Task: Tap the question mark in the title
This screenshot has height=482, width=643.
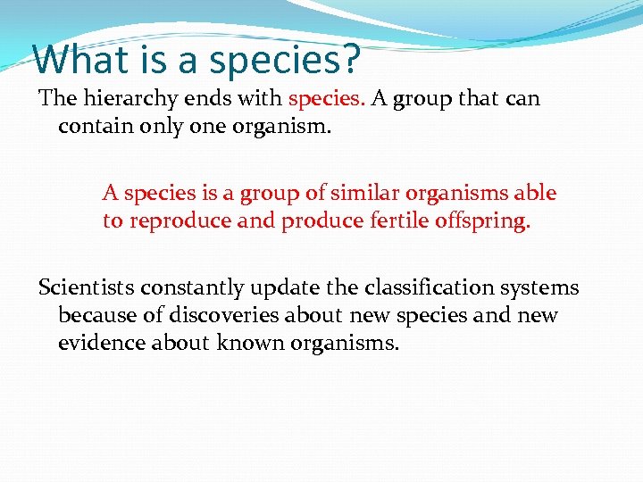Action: click(x=350, y=59)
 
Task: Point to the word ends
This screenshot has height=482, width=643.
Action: click(x=210, y=98)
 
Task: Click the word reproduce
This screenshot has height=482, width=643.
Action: click(x=182, y=220)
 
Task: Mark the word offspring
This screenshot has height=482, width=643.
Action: click(x=486, y=221)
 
